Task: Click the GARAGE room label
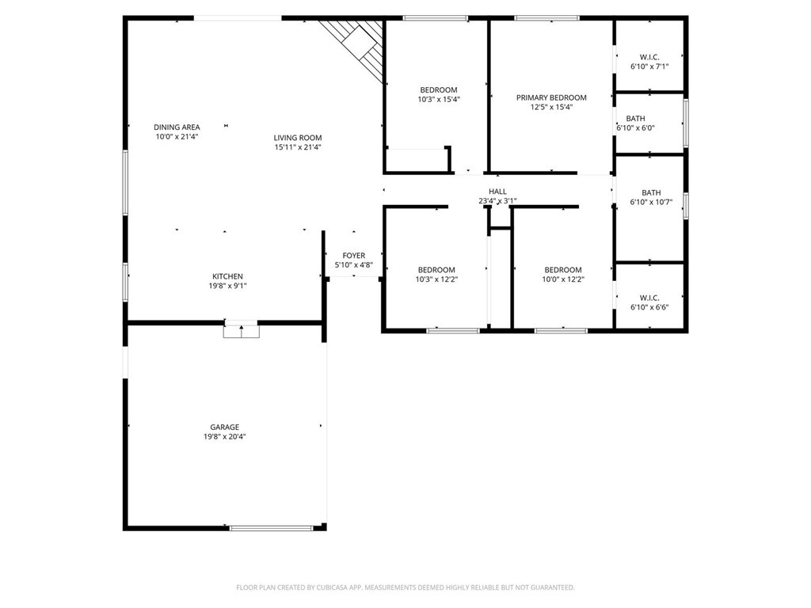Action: click(x=224, y=427)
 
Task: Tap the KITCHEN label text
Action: click(x=227, y=276)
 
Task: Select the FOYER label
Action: click(x=354, y=256)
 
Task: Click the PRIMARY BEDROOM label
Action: click(x=551, y=97)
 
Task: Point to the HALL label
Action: click(x=497, y=192)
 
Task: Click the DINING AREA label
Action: click(x=177, y=127)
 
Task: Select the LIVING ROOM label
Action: click(x=298, y=138)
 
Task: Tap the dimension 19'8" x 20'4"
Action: click(x=224, y=437)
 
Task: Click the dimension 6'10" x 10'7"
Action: click(x=651, y=202)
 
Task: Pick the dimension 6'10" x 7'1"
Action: click(x=649, y=66)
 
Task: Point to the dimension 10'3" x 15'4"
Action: click(x=439, y=99)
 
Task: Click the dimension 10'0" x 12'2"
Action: click(x=563, y=279)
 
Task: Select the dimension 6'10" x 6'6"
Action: click(x=649, y=307)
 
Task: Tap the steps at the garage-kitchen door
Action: click(x=241, y=330)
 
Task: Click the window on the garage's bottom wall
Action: click(x=272, y=528)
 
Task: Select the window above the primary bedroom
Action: click(x=547, y=18)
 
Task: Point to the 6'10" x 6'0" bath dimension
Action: click(x=636, y=128)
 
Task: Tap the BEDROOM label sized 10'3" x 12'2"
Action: click(x=436, y=270)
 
